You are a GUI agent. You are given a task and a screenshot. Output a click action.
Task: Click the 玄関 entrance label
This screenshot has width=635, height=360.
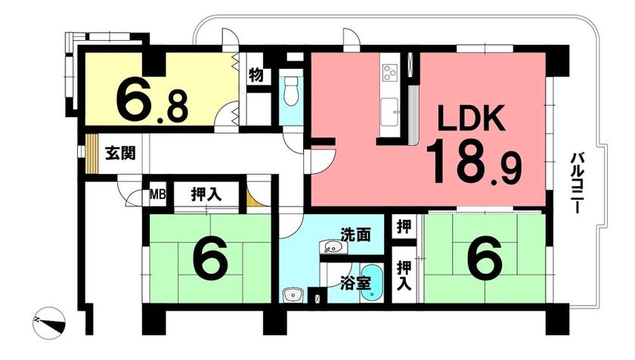click(x=120, y=154)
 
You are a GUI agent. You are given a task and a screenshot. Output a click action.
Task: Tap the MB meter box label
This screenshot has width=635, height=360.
click(x=157, y=195)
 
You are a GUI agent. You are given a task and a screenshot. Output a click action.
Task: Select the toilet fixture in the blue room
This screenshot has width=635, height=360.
click(x=291, y=91)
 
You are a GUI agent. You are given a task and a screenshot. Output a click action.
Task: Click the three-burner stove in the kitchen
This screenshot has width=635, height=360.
click(x=389, y=73)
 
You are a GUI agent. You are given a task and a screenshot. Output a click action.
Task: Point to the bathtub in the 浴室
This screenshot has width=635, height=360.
click(x=370, y=283)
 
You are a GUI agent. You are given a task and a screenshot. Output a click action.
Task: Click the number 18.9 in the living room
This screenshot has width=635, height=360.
click(x=472, y=161)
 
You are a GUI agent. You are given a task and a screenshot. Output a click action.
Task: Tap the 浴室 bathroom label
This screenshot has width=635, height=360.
click(x=355, y=283)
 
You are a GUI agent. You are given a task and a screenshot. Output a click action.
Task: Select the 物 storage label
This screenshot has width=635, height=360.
click(x=256, y=76)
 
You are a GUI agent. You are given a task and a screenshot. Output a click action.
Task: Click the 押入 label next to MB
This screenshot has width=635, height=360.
click(x=206, y=195)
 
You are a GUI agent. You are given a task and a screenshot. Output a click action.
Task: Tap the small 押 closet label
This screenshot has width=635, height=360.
click(x=404, y=227)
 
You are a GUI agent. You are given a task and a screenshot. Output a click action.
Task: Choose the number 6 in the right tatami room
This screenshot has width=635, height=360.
click(x=485, y=258)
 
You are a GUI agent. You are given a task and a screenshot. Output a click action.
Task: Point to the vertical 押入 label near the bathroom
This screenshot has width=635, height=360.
click(x=404, y=275)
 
